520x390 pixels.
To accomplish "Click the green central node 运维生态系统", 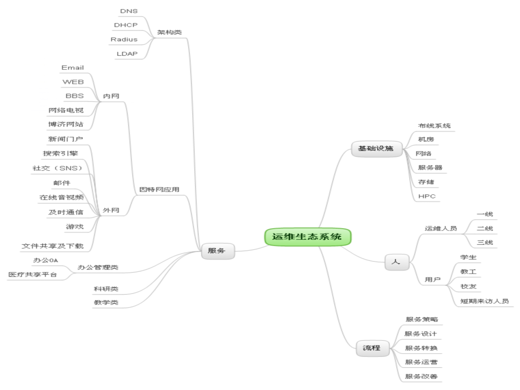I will tap(307, 237).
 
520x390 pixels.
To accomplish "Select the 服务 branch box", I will tap(217, 251).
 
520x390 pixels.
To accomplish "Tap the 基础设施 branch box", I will tap(376, 148).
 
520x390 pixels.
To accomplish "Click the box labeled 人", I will tap(396, 262).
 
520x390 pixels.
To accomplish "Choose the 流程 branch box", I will tap(372, 348).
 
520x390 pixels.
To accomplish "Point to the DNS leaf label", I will tap(129, 11).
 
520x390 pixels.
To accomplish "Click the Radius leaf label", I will tap(124, 39).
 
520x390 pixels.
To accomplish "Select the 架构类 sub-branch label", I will tap(170, 32).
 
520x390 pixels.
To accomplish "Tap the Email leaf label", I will tap(73, 68).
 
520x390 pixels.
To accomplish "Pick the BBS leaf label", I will tap(75, 96).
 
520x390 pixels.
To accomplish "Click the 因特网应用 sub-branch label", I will tap(159, 189).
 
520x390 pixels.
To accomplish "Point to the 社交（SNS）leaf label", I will tap(57, 168).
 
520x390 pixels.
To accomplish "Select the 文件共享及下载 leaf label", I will tap(53, 246).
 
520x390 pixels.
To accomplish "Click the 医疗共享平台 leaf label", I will tap(33, 275).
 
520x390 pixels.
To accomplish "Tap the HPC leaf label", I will tap(427, 196).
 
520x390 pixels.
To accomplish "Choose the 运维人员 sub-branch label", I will tap(441, 228).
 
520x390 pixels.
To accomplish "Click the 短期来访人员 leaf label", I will tap(484, 301).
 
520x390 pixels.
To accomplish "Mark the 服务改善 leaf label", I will tap(421, 376).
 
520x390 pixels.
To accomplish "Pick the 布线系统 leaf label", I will tap(434, 126).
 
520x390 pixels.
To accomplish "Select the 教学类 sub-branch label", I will tap(106, 302).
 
